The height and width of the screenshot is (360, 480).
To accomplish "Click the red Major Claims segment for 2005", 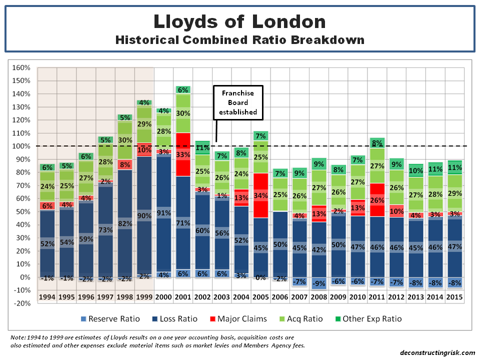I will click(x=260, y=195).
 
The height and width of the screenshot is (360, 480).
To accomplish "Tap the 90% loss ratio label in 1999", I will click(x=144, y=215).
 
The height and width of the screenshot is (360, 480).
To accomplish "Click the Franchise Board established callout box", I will click(x=238, y=102).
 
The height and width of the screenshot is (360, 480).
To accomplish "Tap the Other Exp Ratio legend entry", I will click(x=367, y=319).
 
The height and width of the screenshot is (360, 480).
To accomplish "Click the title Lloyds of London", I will click(x=239, y=21).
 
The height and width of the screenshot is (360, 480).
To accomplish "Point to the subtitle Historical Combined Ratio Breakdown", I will click(x=239, y=39).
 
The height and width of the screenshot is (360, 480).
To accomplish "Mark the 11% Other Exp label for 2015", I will click(x=454, y=167).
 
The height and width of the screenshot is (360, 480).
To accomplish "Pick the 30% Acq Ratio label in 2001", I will click(x=182, y=113).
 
